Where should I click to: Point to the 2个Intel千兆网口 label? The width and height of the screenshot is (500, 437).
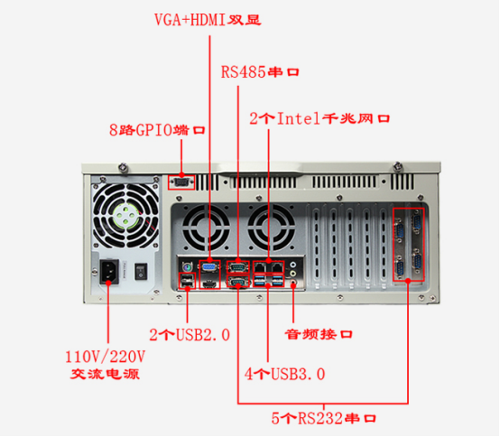(x=319, y=118)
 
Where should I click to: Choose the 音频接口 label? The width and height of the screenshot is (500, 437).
(x=318, y=335)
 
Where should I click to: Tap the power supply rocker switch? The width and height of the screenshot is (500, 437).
(x=140, y=269)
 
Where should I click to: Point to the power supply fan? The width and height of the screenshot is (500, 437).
(x=125, y=218)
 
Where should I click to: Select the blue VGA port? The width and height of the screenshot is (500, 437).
(x=208, y=267)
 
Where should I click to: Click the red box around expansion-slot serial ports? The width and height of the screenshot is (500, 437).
(x=407, y=244)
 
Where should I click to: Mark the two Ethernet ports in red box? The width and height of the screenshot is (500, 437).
(x=268, y=266)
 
